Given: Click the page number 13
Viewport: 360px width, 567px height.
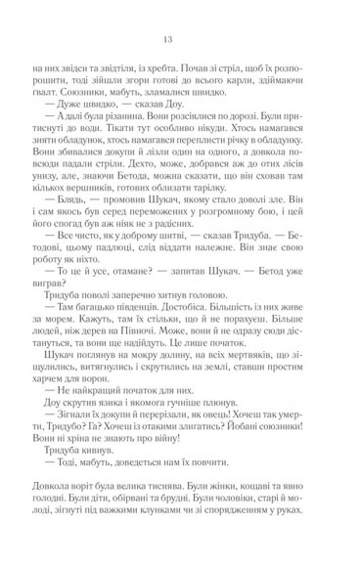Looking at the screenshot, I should point(181,38).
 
